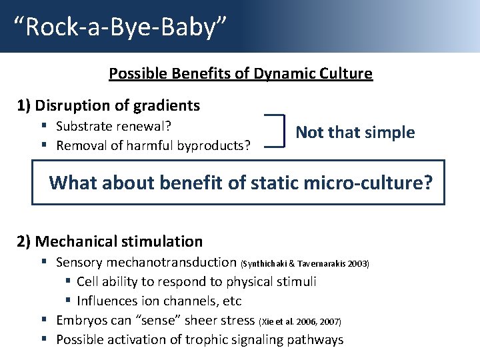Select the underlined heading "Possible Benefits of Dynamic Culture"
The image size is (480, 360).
tap(241, 73)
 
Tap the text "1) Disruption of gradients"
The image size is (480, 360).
tap(108, 105)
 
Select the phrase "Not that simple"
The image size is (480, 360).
tap(355, 133)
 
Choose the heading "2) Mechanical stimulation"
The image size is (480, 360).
tap(109, 241)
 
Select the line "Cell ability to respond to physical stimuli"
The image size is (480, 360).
tap(196, 282)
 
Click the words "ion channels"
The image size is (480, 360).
tap(179, 301)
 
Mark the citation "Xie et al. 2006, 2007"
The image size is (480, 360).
tap(299, 322)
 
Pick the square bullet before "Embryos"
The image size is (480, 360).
tap(43, 321)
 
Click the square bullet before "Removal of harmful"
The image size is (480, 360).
tap(43, 145)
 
